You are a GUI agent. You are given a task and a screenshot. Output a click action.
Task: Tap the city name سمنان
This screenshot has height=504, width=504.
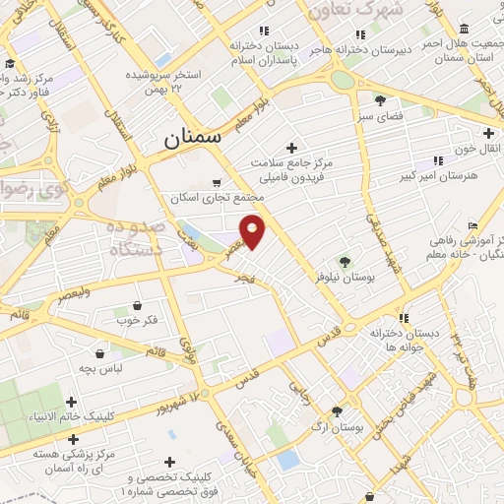click(x=194, y=141)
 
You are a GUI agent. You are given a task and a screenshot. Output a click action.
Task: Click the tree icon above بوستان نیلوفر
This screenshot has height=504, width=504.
click(x=345, y=262)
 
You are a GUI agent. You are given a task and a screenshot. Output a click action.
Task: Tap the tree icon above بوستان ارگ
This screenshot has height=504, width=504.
click(x=338, y=412)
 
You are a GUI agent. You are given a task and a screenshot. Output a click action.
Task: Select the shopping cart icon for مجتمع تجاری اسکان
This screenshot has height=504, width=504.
click(x=217, y=182)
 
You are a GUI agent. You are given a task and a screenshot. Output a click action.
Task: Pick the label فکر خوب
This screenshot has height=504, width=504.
click(x=136, y=320)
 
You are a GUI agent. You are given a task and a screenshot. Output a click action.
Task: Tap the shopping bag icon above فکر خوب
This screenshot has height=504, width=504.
click(x=136, y=305)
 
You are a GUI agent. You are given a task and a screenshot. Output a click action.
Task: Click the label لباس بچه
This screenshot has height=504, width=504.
click(x=101, y=367)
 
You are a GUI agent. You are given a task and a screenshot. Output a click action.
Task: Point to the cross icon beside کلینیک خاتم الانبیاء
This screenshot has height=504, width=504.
click(x=71, y=402)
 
